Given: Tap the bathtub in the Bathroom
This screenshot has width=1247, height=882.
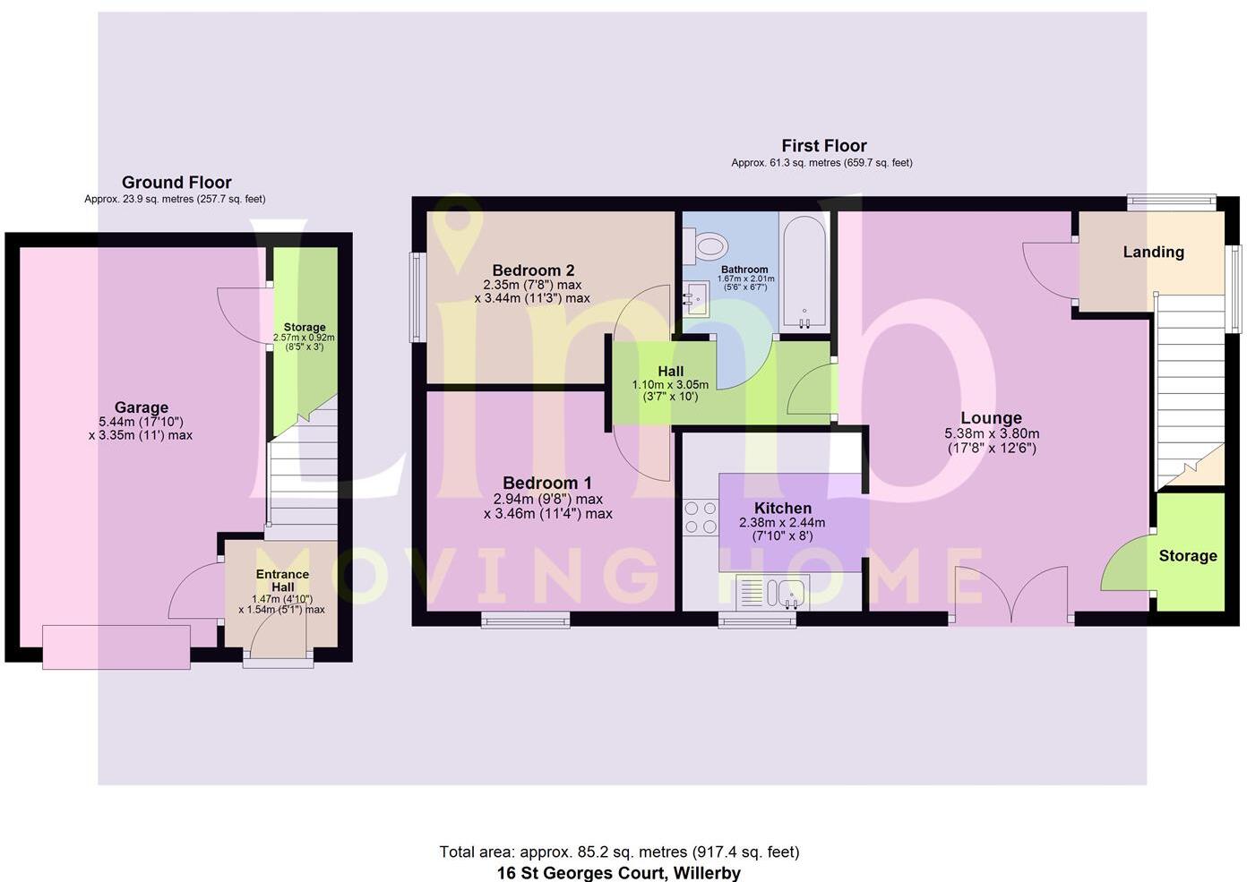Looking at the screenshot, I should click(802, 272).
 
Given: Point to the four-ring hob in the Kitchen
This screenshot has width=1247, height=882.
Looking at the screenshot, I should click(701, 518).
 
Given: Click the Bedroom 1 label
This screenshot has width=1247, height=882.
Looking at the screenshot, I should click(546, 483).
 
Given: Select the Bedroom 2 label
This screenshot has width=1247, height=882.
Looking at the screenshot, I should click(533, 270).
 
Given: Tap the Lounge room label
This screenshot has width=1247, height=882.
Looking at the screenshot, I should click(991, 417).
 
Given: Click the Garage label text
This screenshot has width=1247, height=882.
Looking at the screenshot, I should click(141, 407).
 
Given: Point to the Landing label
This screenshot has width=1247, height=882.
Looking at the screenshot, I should click(1153, 253).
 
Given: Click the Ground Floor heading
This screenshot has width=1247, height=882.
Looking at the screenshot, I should click(176, 183).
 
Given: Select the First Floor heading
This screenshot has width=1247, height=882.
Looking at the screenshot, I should click(823, 146).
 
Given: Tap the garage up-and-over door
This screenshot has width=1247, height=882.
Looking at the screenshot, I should click(116, 647).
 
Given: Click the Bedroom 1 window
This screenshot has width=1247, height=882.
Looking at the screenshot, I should click(525, 619).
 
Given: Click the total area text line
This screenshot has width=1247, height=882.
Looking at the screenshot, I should click(619, 852).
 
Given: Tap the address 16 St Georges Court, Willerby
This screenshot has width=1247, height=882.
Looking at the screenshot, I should click(619, 872).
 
